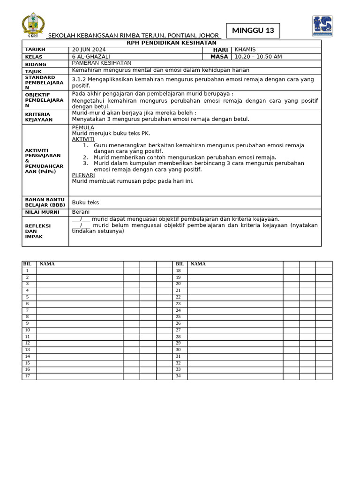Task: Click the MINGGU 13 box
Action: click(x=253, y=31)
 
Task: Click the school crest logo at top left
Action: click(x=33, y=26)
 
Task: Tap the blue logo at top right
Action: click(x=322, y=26)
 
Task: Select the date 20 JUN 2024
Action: click(x=89, y=50)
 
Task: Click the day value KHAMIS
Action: click(x=245, y=50)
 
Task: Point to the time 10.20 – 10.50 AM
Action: click(x=258, y=57)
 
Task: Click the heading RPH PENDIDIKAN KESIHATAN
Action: click(x=172, y=43)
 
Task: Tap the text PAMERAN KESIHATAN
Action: click(x=101, y=63)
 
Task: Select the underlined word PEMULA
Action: click(x=83, y=127)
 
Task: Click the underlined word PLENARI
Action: click(x=83, y=175)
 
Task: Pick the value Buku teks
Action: click(x=85, y=202)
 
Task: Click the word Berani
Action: click(x=81, y=212)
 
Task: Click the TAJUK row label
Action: click(x=33, y=71)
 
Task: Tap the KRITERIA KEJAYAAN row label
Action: click(x=38, y=117)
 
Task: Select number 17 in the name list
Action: click(x=28, y=376)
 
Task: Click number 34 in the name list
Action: click(x=178, y=376)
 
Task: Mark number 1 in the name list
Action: click(x=28, y=271)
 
